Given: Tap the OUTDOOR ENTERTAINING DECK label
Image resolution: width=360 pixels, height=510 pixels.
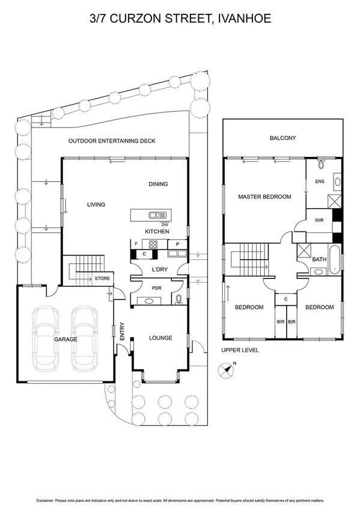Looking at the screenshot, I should point(112,141).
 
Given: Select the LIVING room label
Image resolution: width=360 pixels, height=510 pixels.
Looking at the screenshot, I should point(96,204).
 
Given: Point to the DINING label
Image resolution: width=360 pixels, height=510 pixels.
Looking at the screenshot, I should point(158,184).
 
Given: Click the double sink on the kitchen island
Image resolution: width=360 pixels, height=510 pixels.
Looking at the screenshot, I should point(158,215).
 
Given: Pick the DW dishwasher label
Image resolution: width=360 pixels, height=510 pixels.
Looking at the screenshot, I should point(164,224).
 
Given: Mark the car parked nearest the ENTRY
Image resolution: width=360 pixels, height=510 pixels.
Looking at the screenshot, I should point(84,337).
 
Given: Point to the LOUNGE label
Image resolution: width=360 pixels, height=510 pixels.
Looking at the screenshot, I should point(160,338).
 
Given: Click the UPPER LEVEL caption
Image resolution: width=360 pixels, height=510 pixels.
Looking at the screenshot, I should point(240,349).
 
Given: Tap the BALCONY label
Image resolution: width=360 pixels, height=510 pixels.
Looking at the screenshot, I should point(282,138).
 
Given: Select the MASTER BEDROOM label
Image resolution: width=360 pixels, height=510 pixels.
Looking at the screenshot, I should point(264,197).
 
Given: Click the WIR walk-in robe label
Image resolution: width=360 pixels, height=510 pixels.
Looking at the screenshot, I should point(319,220).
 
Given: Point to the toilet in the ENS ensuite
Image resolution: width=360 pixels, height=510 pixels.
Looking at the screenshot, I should point(322,163).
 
